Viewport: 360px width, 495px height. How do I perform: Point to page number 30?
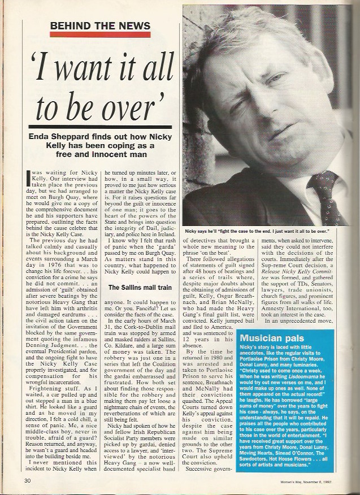coord(27,480)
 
